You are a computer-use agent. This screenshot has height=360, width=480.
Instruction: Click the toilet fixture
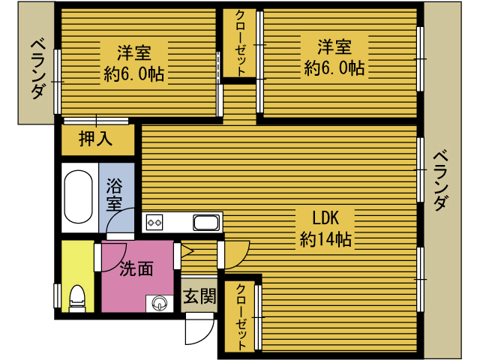pyautogui.click(x=77, y=298)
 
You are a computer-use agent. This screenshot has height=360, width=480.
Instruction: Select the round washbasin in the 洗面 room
pyautogui.click(x=160, y=302)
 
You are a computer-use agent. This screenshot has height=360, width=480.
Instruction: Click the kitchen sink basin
pyautogui.click(x=205, y=222)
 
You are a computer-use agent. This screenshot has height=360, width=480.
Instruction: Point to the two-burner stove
pyautogui.click(x=155, y=222)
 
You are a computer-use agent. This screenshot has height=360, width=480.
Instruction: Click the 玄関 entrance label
pyautogui.click(x=199, y=296)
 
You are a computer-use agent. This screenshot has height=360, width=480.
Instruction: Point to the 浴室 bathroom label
pyautogui.click(x=114, y=193)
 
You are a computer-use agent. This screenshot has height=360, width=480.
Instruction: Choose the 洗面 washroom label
pyautogui.click(x=136, y=268)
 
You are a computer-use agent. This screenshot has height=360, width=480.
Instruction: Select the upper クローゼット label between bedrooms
pyautogui.click(x=240, y=43)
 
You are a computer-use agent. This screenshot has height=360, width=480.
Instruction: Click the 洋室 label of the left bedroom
pyautogui.click(x=134, y=53)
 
